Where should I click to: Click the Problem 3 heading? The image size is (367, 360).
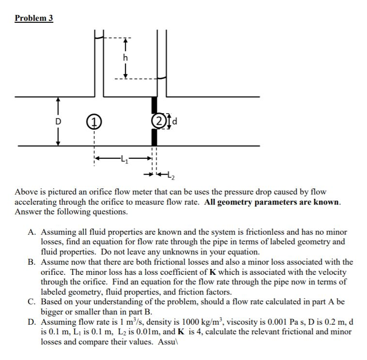click(x=34, y=18)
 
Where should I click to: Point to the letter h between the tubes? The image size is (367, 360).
click(x=126, y=58)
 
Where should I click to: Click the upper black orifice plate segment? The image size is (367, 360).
click(x=154, y=105)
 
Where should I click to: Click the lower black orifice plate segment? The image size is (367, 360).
click(x=154, y=137)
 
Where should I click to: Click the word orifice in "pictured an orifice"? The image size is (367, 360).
click(x=99, y=192)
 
